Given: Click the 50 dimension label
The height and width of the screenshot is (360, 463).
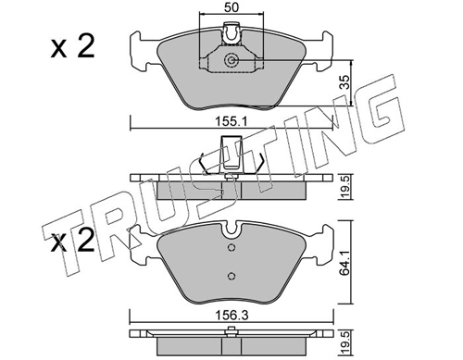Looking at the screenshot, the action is click(x=231, y=7).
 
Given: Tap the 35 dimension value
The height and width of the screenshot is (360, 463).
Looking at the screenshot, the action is click(x=346, y=82).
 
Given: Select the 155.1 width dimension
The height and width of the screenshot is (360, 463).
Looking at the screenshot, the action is click(x=231, y=122).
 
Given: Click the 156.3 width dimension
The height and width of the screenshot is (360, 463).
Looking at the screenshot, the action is click(x=231, y=316).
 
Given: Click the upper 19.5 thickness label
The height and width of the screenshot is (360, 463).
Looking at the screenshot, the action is click(x=345, y=187).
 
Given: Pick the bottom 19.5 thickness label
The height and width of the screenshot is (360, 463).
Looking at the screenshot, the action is click(x=345, y=342).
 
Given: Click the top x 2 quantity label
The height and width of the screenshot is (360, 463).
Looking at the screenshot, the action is click(x=72, y=47).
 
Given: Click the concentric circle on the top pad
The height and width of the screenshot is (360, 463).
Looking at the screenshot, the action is click(x=231, y=60).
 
